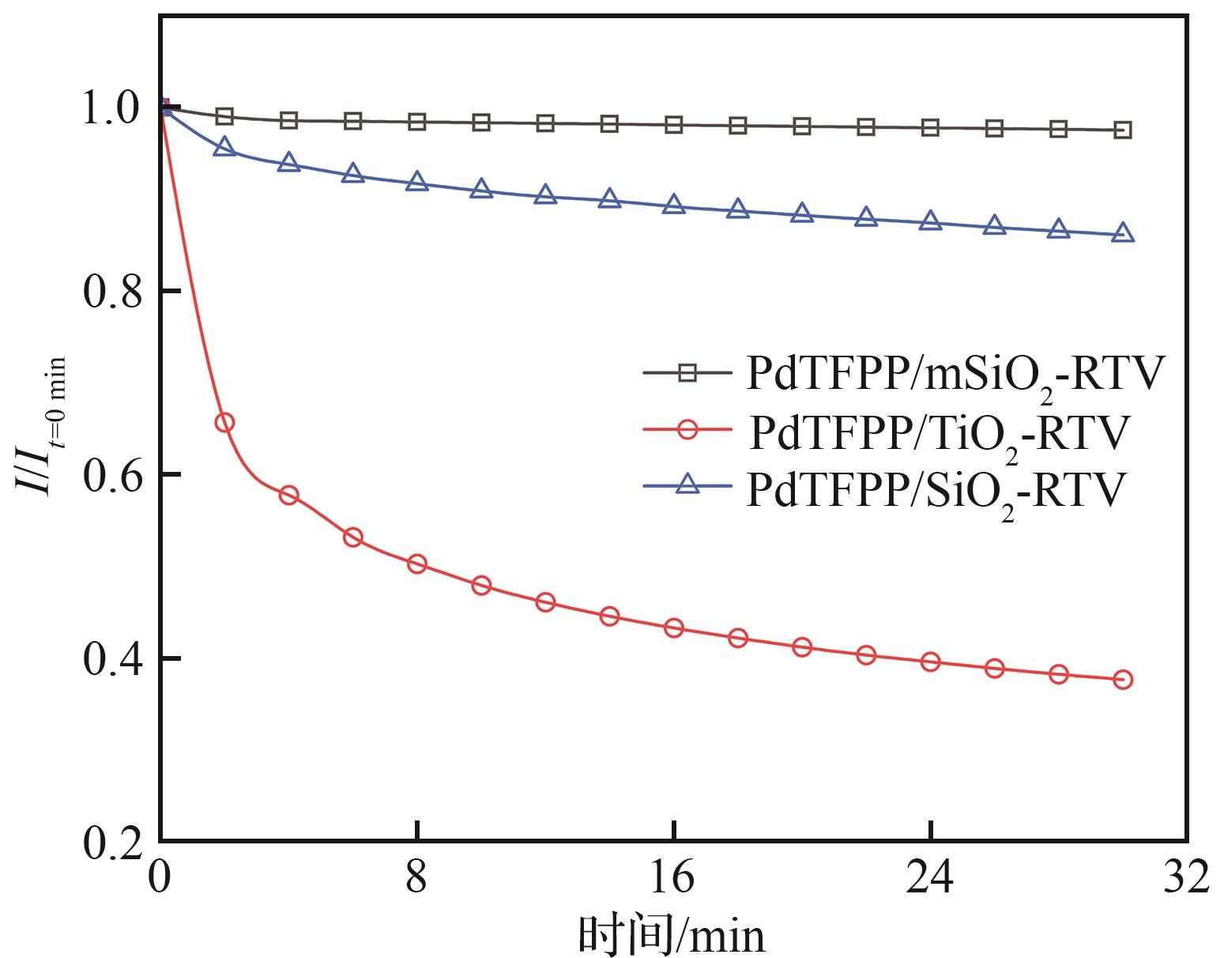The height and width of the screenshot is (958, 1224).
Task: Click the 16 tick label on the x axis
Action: click(x=673, y=877)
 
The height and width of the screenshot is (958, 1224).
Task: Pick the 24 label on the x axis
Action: click(x=930, y=877)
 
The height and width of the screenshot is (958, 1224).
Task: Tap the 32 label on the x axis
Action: click(x=1186, y=877)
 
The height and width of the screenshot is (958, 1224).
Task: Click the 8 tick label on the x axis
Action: click(x=416, y=877)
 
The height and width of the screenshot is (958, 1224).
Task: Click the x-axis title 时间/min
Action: click(x=672, y=935)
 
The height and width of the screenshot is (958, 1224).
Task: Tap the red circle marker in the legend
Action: click(x=687, y=430)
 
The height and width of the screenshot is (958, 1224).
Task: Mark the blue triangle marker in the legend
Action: click(x=687, y=485)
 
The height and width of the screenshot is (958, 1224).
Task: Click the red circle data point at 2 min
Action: click(x=224, y=422)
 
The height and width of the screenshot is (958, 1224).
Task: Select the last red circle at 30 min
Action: click(x=1123, y=679)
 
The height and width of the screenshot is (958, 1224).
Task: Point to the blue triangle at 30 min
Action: click(x=1123, y=233)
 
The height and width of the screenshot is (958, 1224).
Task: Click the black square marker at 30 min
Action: click(x=1123, y=130)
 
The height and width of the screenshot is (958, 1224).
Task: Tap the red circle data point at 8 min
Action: click(x=417, y=564)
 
